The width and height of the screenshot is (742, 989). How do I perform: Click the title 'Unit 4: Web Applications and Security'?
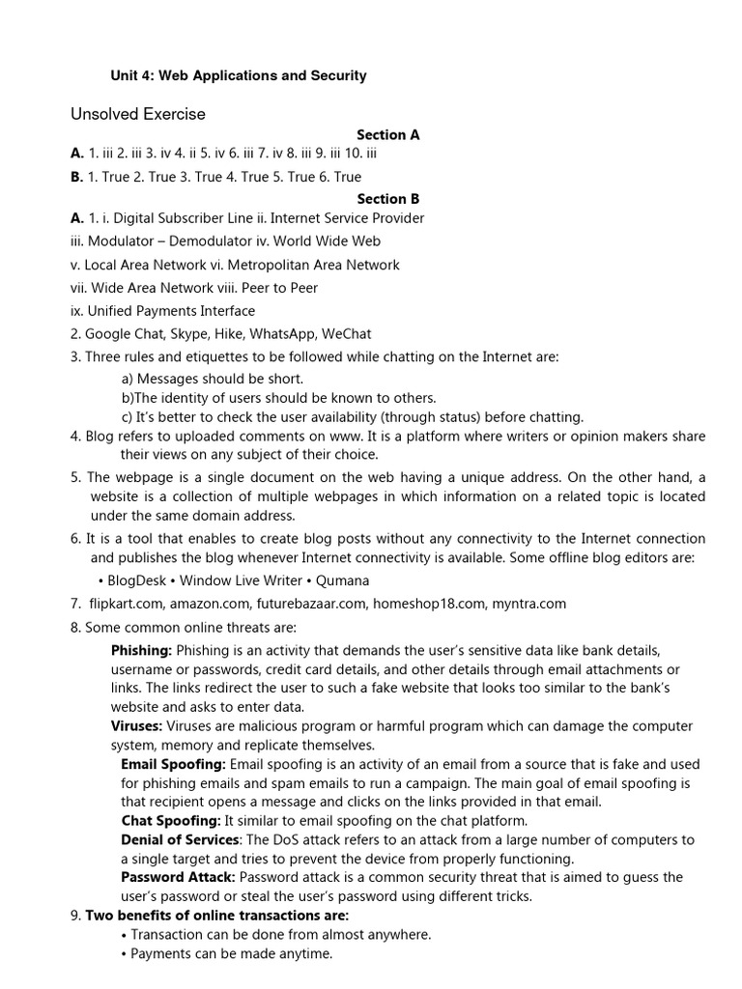click(239, 75)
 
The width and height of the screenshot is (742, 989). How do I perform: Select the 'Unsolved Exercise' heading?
click(138, 114)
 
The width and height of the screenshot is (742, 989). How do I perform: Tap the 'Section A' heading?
click(387, 135)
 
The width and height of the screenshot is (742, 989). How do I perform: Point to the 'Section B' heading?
click(387, 199)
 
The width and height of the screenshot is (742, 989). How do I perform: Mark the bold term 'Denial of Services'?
click(178, 839)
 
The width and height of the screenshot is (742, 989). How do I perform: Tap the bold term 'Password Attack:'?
click(178, 877)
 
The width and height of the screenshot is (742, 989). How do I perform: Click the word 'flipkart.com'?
click(125, 604)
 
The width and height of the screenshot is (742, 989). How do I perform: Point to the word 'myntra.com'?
click(531, 604)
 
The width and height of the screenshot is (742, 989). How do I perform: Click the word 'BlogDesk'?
click(136, 580)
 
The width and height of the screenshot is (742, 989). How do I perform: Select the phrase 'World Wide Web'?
click(333, 241)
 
